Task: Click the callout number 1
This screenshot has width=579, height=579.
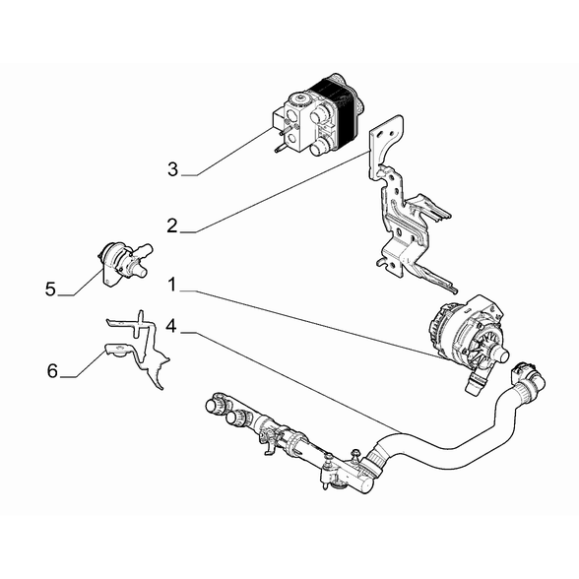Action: click(x=172, y=286)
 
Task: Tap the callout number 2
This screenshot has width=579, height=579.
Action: click(x=172, y=226)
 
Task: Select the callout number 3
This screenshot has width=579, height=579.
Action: click(x=172, y=169)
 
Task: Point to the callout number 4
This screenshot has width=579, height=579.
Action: click(x=171, y=326)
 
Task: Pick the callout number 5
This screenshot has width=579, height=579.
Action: click(x=50, y=289)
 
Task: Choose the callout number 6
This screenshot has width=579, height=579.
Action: click(x=52, y=370)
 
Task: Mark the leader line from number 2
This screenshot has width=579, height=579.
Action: click(x=283, y=191)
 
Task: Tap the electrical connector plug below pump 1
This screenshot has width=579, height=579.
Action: click(x=476, y=383)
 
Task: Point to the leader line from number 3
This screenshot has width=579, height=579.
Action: click(x=231, y=152)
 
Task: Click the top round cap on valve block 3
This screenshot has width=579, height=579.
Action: click(x=300, y=99)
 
